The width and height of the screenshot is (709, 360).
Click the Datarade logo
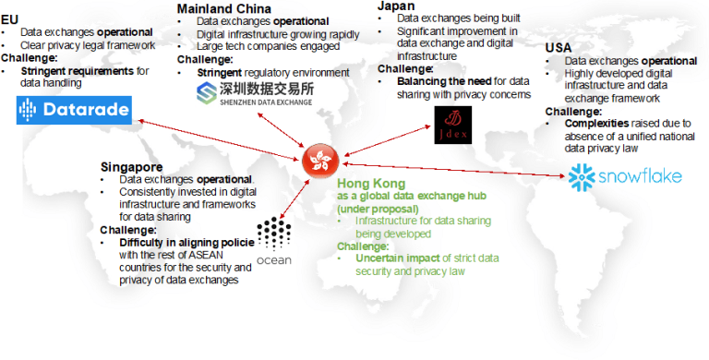click(x=74, y=114)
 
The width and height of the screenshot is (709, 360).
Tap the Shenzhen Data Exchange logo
click(x=256, y=94)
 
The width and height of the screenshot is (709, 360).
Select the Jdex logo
click(x=453, y=126)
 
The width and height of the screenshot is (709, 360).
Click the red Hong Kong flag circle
click(x=319, y=162)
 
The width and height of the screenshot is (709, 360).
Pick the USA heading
click(x=559, y=48)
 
